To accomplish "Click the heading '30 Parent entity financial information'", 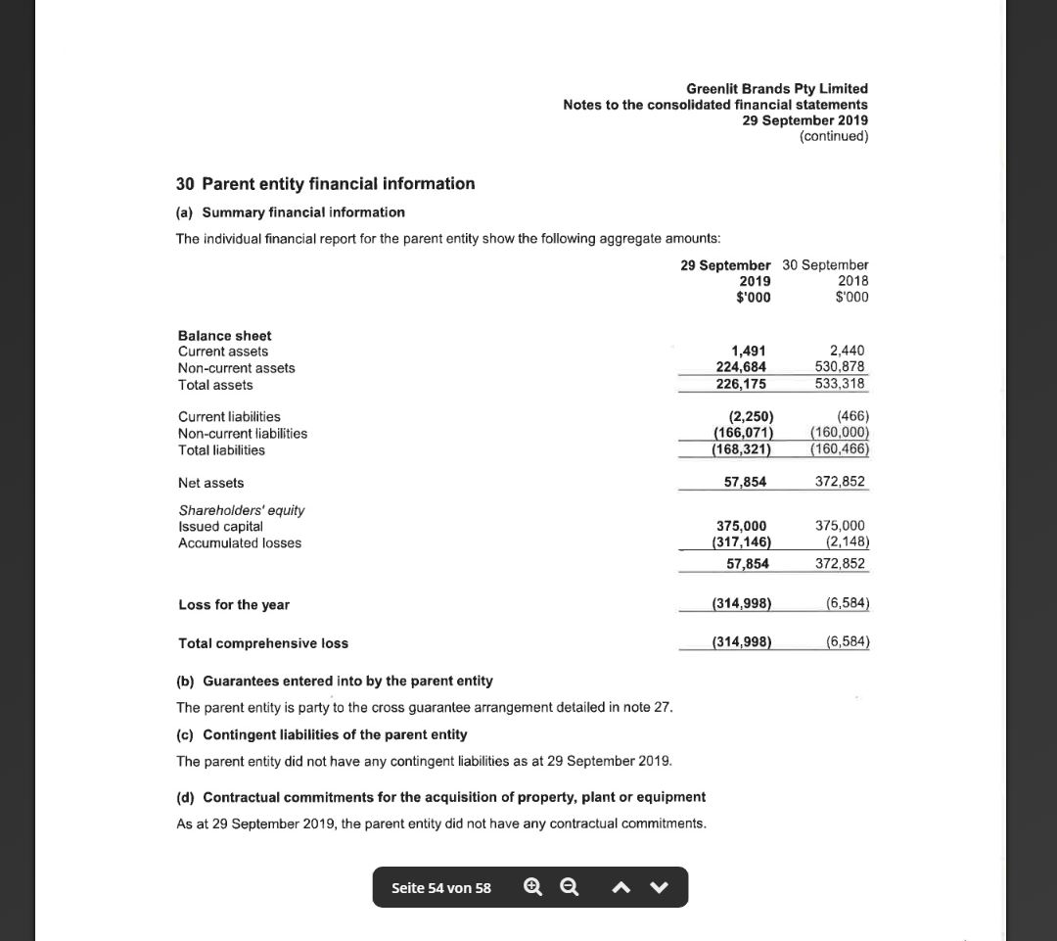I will [325, 184].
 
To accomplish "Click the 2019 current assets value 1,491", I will [749, 351].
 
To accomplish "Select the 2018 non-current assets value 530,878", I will [840, 366].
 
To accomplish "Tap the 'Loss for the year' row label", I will [233, 605].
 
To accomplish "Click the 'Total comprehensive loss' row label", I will [262, 643].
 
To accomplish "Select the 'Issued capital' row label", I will [220, 527].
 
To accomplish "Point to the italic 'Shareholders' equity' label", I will [241, 510].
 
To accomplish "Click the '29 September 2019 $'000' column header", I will [726, 281].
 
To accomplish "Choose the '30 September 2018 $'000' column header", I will [827, 281].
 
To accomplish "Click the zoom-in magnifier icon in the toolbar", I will [532, 887].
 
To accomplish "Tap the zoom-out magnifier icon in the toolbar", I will [569, 887].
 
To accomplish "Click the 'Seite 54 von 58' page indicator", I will [441, 888].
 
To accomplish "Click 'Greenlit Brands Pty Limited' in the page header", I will [777, 88].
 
